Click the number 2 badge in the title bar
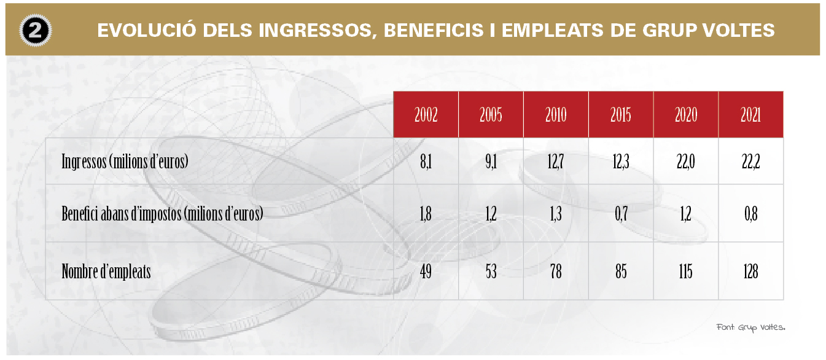[x=36, y=30]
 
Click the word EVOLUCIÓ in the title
[x=146, y=30]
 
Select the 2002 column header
[x=426, y=115]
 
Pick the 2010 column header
[x=556, y=115]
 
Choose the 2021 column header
[x=751, y=115]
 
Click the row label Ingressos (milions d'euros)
[x=125, y=162]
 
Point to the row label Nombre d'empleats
[x=106, y=272]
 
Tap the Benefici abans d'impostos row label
[x=162, y=214]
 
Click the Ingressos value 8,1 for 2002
[x=426, y=162]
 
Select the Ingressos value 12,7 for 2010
[x=556, y=162]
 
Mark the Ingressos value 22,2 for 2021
[x=751, y=162]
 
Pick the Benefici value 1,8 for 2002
[x=426, y=214]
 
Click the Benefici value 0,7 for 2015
[x=621, y=214]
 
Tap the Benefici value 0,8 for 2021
[x=751, y=214]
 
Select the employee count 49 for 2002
[x=426, y=272]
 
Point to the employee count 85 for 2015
[x=621, y=272]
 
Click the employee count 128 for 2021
[x=751, y=272]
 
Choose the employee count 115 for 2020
[x=686, y=272]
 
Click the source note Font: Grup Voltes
[x=751, y=327]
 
